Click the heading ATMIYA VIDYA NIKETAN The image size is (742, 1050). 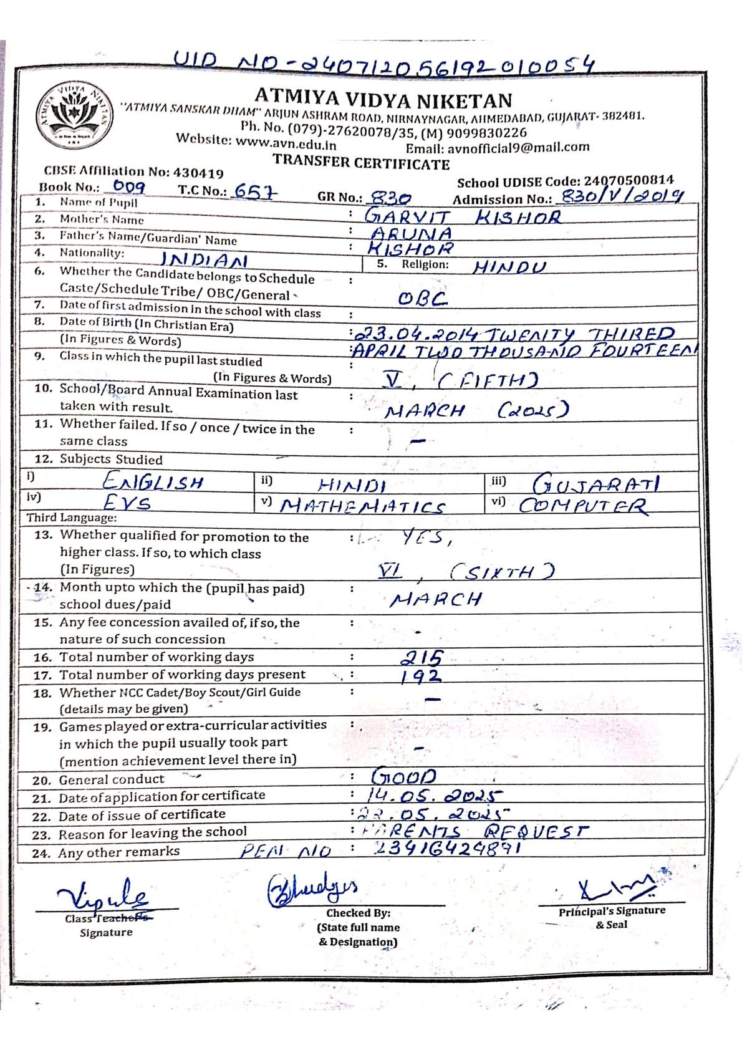[383, 99]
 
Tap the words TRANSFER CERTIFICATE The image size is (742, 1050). [361, 163]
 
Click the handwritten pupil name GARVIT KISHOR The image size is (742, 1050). [462, 216]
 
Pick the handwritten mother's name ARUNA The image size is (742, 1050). [411, 233]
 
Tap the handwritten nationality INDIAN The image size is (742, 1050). [204, 259]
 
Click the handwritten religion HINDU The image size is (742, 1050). [509, 267]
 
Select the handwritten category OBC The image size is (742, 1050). [423, 299]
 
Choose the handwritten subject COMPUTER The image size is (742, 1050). [583, 506]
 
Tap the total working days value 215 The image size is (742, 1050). [422, 657]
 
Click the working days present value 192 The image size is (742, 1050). [421, 677]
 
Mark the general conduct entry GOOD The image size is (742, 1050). [404, 776]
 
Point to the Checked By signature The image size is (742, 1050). [312, 889]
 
